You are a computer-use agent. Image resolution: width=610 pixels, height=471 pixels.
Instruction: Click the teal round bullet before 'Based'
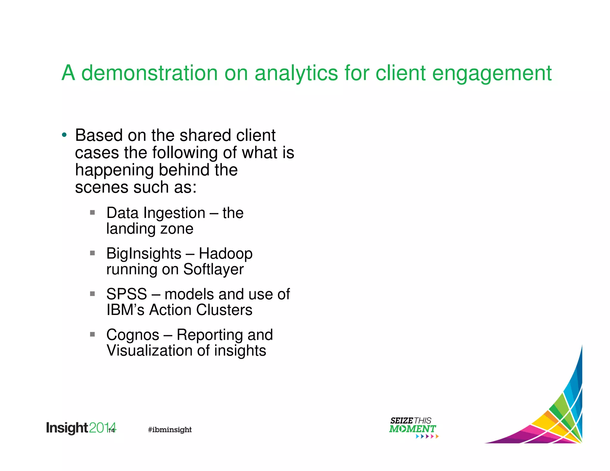[64, 135]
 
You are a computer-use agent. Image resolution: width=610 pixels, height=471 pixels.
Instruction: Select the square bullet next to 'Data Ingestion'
[92, 213]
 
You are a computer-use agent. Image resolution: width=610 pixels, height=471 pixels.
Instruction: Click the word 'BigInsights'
[144, 254]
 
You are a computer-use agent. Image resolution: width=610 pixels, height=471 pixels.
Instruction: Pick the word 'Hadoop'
[225, 254]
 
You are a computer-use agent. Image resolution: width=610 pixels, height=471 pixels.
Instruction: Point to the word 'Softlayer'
[213, 270]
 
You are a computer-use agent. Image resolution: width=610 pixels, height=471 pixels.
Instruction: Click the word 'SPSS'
[127, 294]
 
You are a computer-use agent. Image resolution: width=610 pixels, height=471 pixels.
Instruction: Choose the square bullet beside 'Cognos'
[92, 334]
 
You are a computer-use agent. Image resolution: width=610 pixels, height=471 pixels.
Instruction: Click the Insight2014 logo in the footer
[80, 428]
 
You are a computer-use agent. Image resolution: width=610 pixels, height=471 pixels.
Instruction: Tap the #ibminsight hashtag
[170, 430]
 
